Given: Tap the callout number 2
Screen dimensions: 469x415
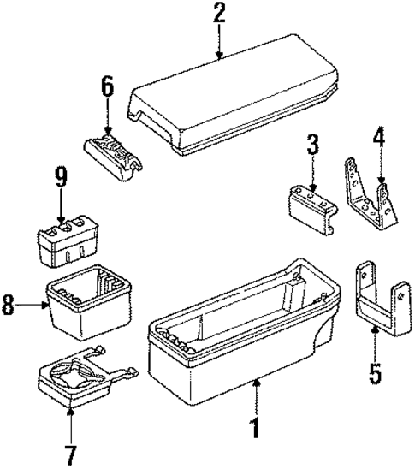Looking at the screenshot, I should tap(219, 14).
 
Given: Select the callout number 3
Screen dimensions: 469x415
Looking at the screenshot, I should tap(313, 145).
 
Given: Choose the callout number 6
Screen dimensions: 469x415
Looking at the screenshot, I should tap(107, 86).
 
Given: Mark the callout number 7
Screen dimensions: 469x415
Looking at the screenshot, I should tap(70, 450).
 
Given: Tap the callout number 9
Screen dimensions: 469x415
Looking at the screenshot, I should tap(61, 179).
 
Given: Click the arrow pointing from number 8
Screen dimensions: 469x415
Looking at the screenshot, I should tap(33, 305).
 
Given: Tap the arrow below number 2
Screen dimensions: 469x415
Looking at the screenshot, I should tap(219, 43).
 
